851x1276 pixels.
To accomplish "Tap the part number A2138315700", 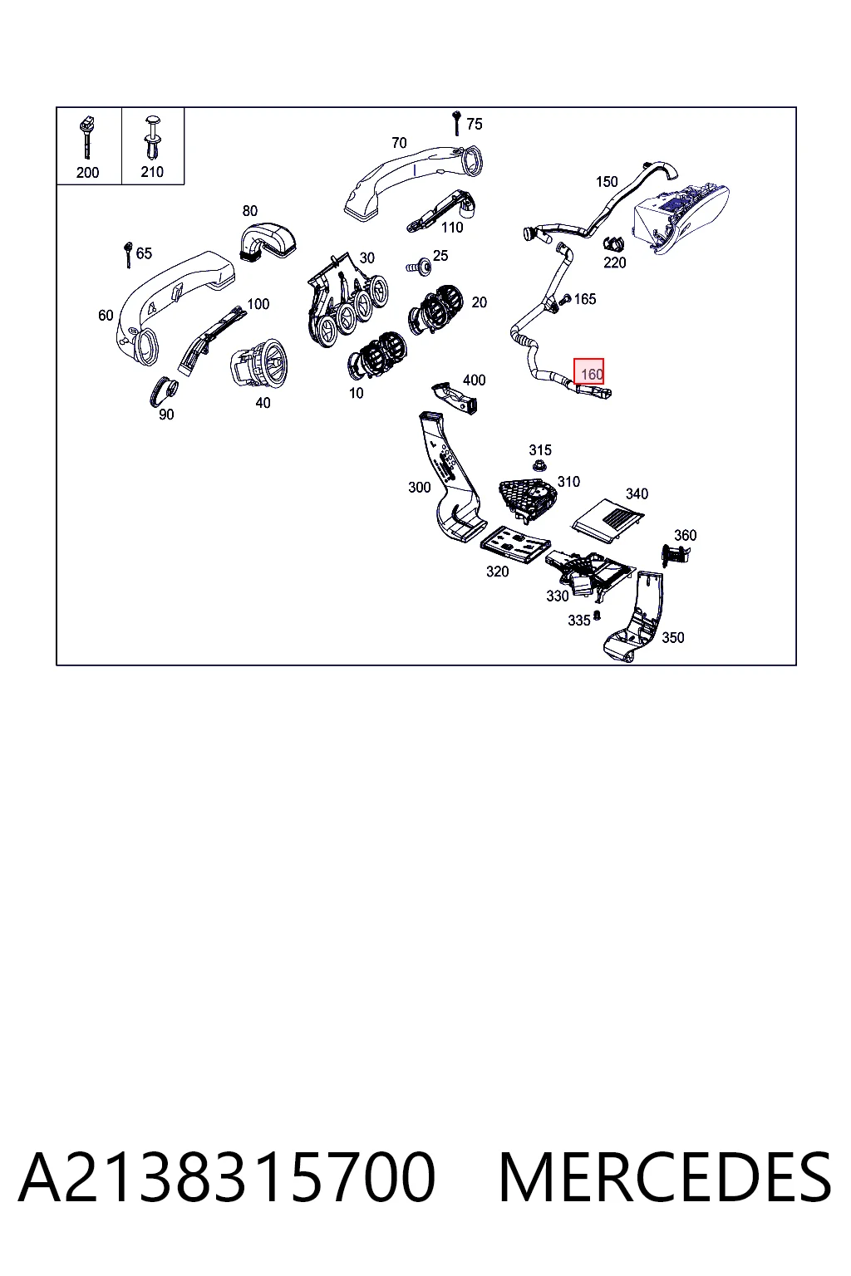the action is pyautogui.click(x=227, y=1177).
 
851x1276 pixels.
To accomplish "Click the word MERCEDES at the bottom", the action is pyautogui.click(x=665, y=1177).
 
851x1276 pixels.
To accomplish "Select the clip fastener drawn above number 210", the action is pyautogui.click(x=153, y=137).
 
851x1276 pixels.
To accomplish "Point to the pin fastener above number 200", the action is pyautogui.click(x=87, y=138).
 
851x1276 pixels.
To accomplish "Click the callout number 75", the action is pyautogui.click(x=475, y=124).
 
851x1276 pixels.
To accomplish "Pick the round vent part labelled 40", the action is pyautogui.click(x=259, y=361).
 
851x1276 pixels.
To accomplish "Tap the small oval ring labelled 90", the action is pyautogui.click(x=163, y=390).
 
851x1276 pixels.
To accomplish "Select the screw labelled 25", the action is pyautogui.click(x=420, y=265).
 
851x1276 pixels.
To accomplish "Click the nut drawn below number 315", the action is pyautogui.click(x=539, y=467).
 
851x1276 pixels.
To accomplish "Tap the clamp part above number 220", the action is pyautogui.click(x=613, y=243).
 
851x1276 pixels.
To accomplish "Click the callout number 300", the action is pyautogui.click(x=420, y=487).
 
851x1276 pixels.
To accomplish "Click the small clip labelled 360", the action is pyautogui.click(x=674, y=552).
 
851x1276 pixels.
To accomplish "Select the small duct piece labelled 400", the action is pyautogui.click(x=455, y=396).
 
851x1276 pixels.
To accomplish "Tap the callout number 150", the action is pyautogui.click(x=607, y=182).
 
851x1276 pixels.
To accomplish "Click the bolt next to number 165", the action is pyautogui.click(x=565, y=298).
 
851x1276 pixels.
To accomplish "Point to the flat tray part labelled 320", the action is pyautogui.click(x=516, y=544).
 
